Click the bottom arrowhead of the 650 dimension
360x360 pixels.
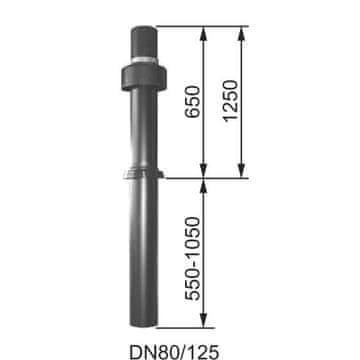click(204, 172)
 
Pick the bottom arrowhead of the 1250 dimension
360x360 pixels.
click(242, 172)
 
